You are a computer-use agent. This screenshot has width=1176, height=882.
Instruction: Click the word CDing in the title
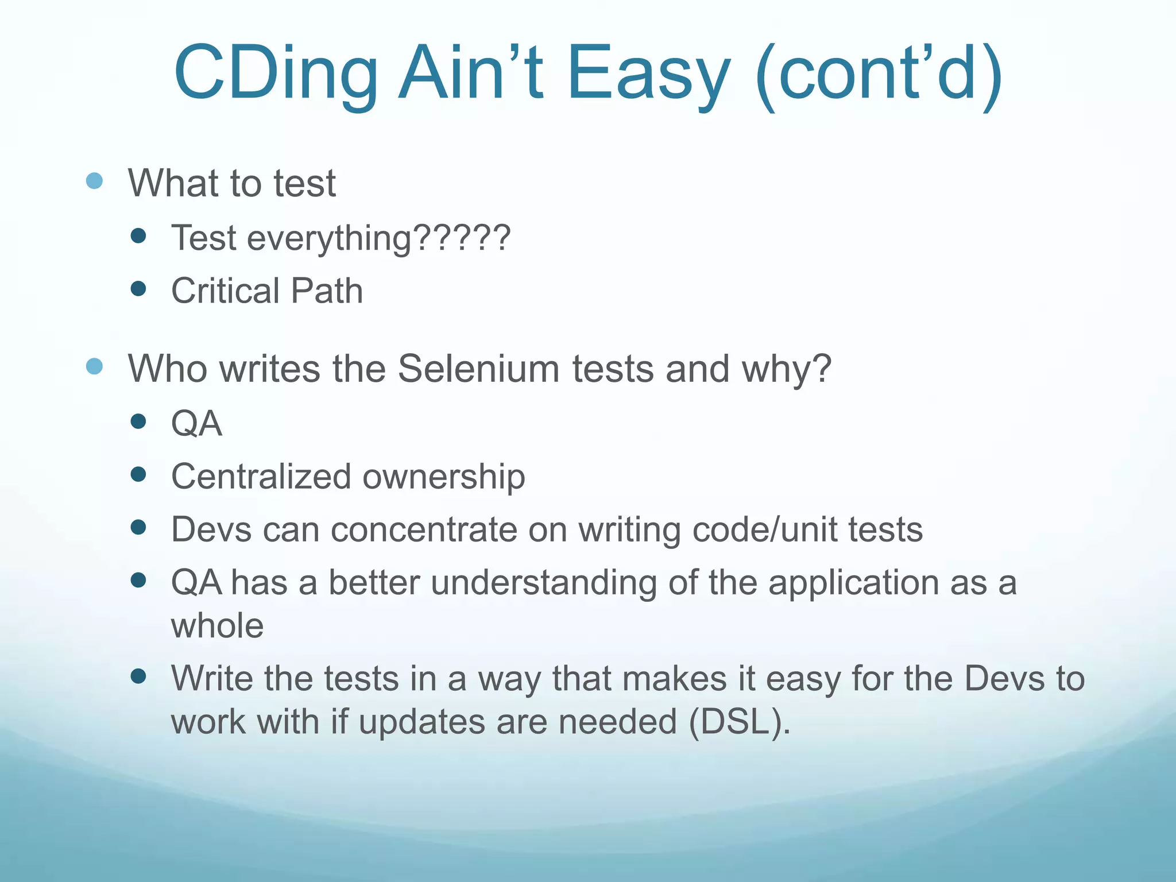pyautogui.click(x=276, y=75)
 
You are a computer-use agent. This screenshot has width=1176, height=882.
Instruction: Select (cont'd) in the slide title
pyautogui.click(x=879, y=75)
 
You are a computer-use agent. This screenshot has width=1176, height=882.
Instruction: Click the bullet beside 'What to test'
pyautogui.click(x=94, y=181)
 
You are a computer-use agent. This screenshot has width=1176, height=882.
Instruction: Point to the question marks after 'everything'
pyautogui.click(x=462, y=237)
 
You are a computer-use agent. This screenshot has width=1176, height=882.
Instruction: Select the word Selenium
pyautogui.click(x=478, y=368)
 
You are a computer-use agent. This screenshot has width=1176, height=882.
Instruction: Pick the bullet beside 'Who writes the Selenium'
pyautogui.click(x=94, y=366)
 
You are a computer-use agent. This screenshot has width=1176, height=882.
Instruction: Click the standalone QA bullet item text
pyautogui.click(x=196, y=424)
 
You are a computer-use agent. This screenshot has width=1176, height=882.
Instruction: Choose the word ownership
pyautogui.click(x=444, y=477)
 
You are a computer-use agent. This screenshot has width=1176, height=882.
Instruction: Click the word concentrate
pyautogui.click(x=424, y=529)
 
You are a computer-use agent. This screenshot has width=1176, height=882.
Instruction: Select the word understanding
pyautogui.click(x=543, y=582)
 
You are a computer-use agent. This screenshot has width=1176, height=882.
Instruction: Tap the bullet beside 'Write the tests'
pyautogui.click(x=138, y=676)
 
